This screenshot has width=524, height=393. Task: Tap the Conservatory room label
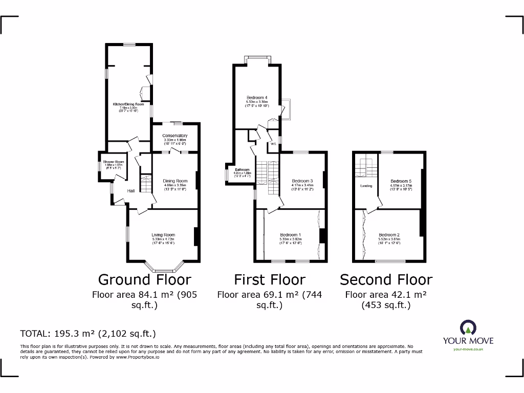175,136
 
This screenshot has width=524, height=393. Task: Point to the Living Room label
163,235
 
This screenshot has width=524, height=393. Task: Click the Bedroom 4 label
257,98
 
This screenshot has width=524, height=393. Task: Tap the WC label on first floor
273,144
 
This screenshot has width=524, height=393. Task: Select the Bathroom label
242,169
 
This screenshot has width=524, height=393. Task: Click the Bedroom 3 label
302,181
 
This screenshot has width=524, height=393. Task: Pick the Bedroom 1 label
290,235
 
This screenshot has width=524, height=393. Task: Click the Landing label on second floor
366,186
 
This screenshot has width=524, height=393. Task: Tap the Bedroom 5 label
401,181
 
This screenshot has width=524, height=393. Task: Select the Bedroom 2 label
388,235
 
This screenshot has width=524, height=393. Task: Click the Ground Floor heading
144,280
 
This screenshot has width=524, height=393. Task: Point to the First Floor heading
270,280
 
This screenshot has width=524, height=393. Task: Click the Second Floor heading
386,280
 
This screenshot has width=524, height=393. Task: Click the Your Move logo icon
468,327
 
